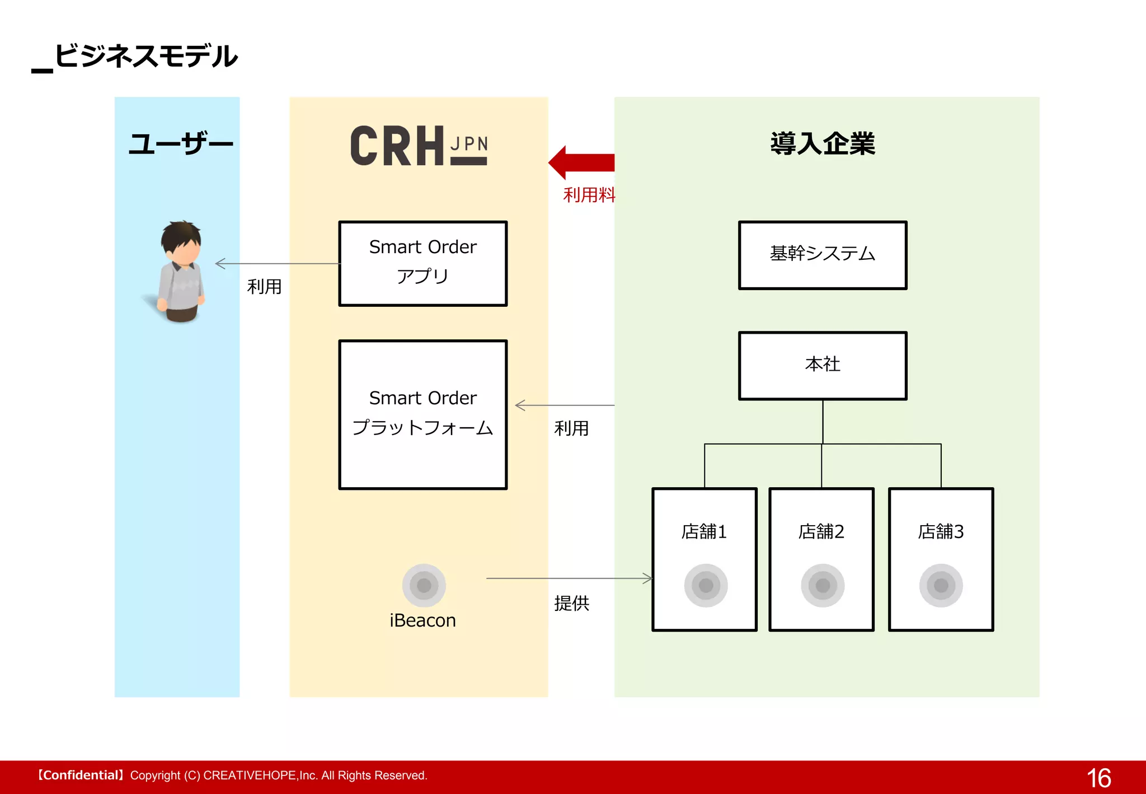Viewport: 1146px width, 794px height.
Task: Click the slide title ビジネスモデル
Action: click(x=145, y=56)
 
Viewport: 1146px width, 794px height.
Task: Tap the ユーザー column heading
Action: click(x=180, y=144)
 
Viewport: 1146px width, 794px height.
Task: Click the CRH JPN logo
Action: click(x=419, y=146)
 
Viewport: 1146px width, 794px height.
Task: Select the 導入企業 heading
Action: click(x=822, y=143)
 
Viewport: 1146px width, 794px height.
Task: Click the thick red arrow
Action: click(x=582, y=162)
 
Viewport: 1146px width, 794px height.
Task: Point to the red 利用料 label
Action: click(x=589, y=195)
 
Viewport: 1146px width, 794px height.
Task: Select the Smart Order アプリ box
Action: click(x=423, y=263)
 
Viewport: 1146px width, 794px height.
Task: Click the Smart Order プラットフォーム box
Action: click(x=423, y=414)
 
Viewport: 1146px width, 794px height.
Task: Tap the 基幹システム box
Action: click(x=822, y=255)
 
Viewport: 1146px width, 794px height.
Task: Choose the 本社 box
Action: click(x=822, y=365)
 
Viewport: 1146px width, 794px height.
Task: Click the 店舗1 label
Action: click(x=704, y=531)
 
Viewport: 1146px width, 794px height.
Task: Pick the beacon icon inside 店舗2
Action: click(x=822, y=585)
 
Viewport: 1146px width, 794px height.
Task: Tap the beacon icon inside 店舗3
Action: click(x=941, y=585)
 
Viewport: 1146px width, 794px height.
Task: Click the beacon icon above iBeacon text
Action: click(x=424, y=585)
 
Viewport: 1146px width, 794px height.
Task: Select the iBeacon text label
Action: click(x=422, y=620)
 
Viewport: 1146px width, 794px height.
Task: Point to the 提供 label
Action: click(x=571, y=603)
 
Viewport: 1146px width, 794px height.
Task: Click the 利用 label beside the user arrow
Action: click(x=264, y=287)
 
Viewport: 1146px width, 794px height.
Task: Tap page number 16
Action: click(x=1098, y=778)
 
